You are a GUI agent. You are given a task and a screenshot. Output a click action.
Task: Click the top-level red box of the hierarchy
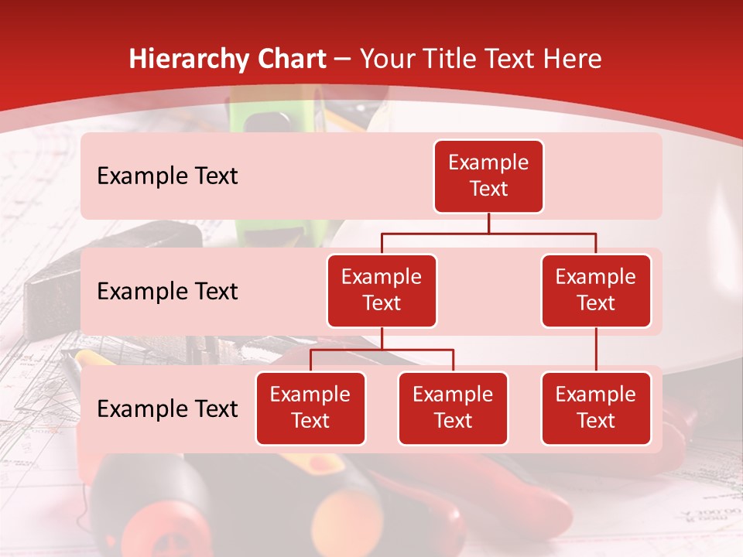[x=488, y=176]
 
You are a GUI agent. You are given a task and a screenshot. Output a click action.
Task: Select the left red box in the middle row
[x=382, y=290]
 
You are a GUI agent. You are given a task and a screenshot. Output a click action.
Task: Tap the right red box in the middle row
[x=596, y=290]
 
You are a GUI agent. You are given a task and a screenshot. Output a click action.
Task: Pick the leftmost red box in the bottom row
[x=310, y=408]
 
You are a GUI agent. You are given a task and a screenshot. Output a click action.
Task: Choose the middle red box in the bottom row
[x=453, y=408]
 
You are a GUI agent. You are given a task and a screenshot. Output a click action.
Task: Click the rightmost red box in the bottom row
[x=596, y=408]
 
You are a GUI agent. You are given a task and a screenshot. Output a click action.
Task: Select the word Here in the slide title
[x=574, y=60]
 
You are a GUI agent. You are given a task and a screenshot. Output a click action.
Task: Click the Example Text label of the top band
[x=167, y=176]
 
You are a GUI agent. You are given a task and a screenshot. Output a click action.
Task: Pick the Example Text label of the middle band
[x=167, y=292]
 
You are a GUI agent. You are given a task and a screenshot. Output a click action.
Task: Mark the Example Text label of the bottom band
[x=167, y=409]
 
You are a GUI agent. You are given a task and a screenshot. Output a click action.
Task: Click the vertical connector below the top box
[x=488, y=223]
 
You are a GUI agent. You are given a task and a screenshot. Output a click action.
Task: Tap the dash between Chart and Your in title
[x=342, y=60]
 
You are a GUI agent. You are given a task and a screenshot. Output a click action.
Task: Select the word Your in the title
[x=385, y=60]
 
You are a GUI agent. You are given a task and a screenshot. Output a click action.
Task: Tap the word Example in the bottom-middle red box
[x=453, y=395]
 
